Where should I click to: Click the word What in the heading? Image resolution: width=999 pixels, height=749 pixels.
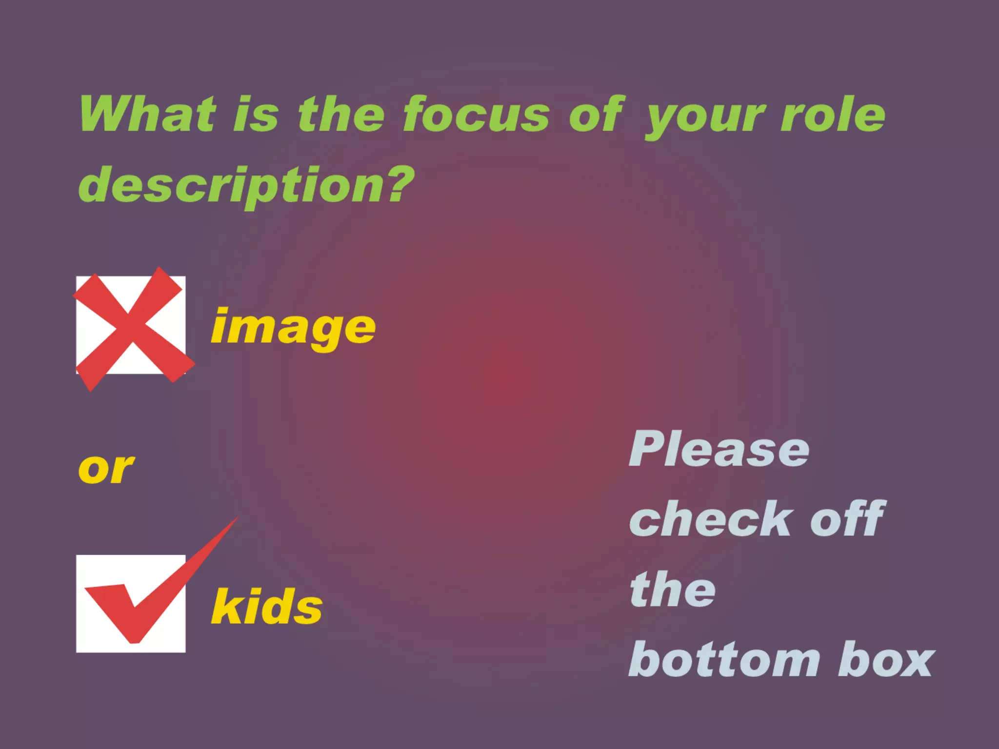(147, 114)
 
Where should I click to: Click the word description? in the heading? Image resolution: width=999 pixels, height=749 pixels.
(246, 186)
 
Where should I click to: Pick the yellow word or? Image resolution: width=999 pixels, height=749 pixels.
(106, 469)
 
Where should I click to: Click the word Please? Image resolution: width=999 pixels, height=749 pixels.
(719, 450)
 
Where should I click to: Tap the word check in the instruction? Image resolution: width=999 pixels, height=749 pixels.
(710, 519)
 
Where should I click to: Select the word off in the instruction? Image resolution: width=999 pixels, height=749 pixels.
(848, 519)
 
